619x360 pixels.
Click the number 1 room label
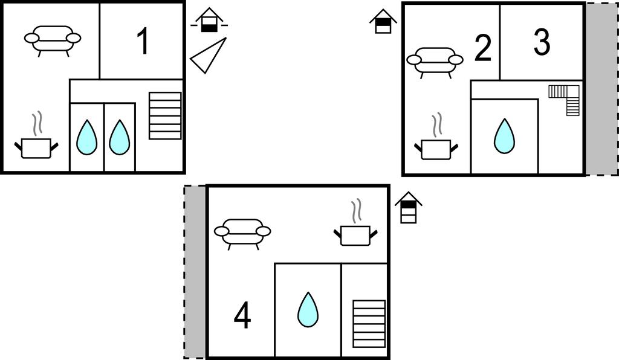pyautogui.click(x=143, y=42)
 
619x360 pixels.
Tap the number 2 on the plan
pyautogui.click(x=482, y=48)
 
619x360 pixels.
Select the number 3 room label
pyautogui.click(x=542, y=42)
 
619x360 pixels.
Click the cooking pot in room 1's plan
pyautogui.click(x=36, y=137)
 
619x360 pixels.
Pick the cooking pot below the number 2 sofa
pyautogui.click(x=436, y=138)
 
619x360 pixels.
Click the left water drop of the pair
pyautogui.click(x=86, y=137)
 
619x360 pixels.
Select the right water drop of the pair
pyautogui.click(x=119, y=137)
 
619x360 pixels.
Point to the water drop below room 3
pyautogui.click(x=504, y=136)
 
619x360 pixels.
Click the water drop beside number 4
pyautogui.click(x=308, y=309)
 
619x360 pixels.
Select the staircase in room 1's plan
pyautogui.click(x=165, y=115)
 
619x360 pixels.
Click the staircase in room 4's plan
pyautogui.click(x=369, y=324)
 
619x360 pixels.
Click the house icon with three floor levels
pyautogui.click(x=409, y=207)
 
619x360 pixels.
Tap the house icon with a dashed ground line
pyautogui.click(x=209, y=20)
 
